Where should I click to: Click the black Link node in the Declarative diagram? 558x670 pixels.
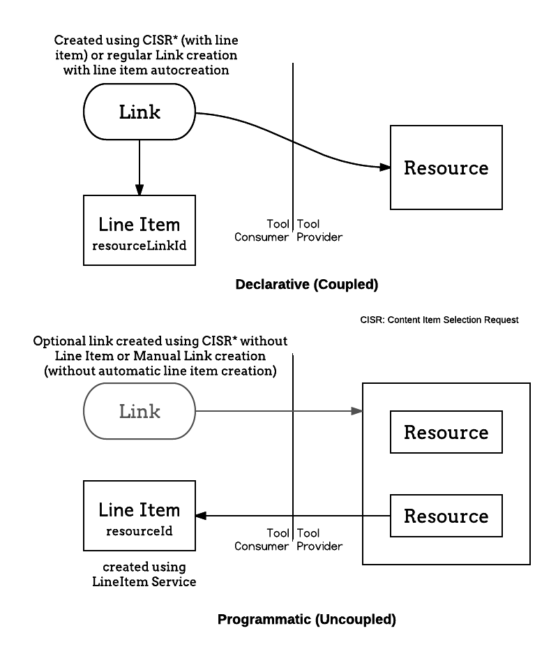(139, 112)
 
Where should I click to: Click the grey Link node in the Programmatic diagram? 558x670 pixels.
(139, 411)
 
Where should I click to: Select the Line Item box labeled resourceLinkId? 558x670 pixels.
(139, 230)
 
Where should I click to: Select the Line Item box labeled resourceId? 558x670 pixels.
(139, 516)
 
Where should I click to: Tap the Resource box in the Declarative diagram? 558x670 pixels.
(446, 167)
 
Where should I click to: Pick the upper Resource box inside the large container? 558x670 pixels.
(446, 432)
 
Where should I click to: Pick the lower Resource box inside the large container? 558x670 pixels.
(446, 516)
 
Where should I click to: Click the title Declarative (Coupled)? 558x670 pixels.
(306, 285)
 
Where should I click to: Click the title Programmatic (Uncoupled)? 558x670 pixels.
(306, 620)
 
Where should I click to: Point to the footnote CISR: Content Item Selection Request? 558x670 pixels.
(439, 320)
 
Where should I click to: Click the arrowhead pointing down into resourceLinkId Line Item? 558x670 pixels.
(139, 190)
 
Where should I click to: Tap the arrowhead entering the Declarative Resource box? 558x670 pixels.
(385, 167)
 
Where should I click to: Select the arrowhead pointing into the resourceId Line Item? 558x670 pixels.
(201, 516)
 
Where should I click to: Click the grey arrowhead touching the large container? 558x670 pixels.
(357, 411)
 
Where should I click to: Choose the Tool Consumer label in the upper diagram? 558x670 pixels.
(262, 230)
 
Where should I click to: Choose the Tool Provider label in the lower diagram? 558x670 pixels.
(319, 539)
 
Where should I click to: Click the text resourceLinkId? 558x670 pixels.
(139, 246)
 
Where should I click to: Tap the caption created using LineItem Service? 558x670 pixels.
(144, 574)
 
